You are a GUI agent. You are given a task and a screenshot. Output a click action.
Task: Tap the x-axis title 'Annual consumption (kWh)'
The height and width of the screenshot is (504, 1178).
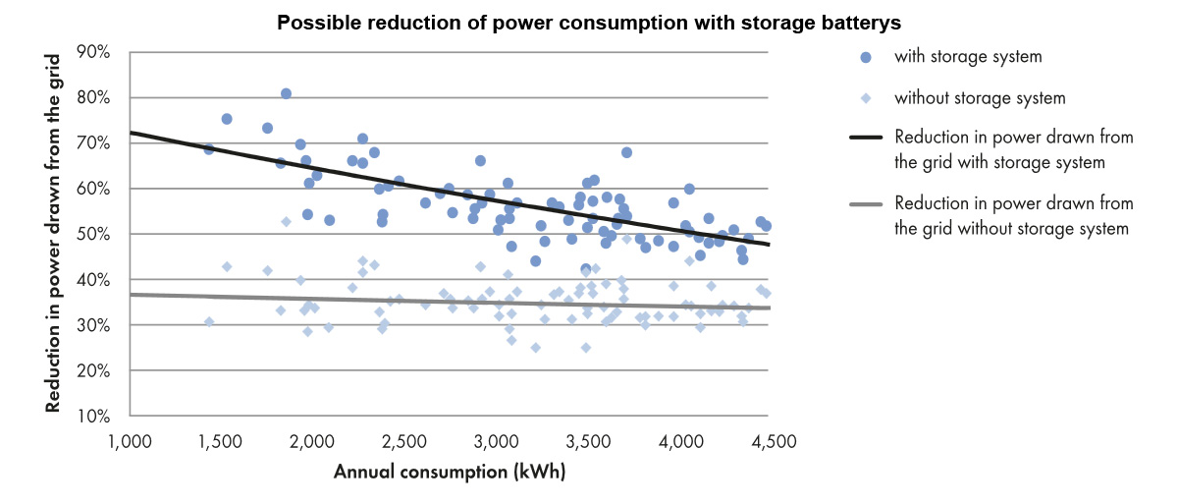[x=450, y=472]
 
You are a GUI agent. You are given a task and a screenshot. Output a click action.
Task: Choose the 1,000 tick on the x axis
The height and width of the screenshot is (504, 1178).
[x=129, y=442]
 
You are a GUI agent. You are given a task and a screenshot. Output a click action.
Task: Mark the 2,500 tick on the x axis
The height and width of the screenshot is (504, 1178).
[x=402, y=442]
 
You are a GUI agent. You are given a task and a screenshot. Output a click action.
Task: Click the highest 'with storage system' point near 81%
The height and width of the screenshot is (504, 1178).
[x=286, y=93]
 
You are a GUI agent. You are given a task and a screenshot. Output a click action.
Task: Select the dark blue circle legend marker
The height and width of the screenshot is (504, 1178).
[x=866, y=57]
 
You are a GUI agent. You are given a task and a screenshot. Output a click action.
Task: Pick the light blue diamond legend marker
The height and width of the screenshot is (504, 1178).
[x=866, y=98]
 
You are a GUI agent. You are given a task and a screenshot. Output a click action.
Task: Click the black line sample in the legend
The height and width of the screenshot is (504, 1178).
[x=865, y=139]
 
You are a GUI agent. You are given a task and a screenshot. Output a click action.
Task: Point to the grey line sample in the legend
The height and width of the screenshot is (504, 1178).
[x=865, y=204]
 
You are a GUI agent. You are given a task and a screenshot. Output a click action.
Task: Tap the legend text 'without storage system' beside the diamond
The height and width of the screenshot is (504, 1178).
[x=979, y=98]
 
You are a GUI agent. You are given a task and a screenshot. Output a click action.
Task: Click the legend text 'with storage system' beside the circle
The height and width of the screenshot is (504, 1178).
[x=967, y=57]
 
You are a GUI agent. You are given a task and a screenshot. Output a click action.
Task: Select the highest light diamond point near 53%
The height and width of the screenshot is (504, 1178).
[x=286, y=222]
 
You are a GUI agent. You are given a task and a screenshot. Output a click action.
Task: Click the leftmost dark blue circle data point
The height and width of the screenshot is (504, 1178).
[x=208, y=149]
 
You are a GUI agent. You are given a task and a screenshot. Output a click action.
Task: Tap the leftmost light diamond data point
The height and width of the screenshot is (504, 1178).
[x=208, y=322]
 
